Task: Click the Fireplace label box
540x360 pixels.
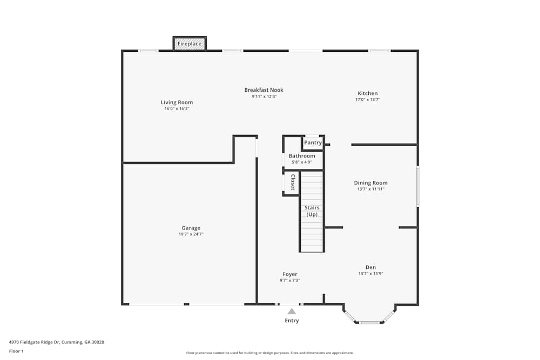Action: [x=190, y=44]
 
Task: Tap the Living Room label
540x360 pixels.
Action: [x=177, y=103]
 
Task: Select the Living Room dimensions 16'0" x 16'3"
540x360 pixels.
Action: [x=177, y=109]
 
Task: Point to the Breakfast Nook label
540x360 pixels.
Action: [x=264, y=90]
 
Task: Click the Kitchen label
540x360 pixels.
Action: [x=367, y=93]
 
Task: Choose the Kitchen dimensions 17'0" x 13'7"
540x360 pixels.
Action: [x=367, y=100]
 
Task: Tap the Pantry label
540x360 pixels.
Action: [x=313, y=143]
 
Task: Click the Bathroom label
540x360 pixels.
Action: [x=302, y=156]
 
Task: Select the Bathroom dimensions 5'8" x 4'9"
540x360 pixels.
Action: [x=302, y=162]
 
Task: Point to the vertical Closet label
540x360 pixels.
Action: [x=293, y=182]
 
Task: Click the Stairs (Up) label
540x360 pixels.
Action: [x=312, y=211]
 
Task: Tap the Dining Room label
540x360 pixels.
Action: [x=370, y=183]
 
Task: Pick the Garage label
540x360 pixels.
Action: [x=191, y=228]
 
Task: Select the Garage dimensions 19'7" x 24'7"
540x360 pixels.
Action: [x=191, y=234]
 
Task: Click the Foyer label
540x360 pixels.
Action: [x=290, y=274]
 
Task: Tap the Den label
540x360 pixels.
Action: [x=370, y=267]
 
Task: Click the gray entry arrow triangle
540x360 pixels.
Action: [x=292, y=311]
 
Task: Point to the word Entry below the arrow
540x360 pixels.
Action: [x=292, y=321]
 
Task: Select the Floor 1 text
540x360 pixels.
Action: [x=16, y=351]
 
